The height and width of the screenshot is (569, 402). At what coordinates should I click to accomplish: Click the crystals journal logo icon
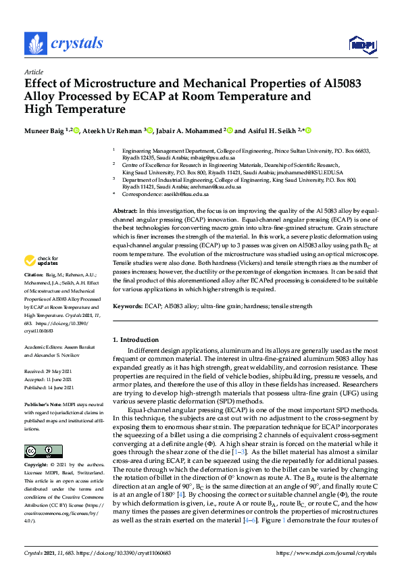point(35,43)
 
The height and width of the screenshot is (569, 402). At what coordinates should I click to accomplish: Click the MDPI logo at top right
point(359,45)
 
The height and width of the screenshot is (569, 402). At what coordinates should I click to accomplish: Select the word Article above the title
point(33,72)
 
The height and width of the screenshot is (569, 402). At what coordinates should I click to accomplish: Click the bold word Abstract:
point(126,212)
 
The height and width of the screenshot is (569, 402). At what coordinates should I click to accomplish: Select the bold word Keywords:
point(128,306)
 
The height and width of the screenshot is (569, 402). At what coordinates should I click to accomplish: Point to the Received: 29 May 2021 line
point(49,372)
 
